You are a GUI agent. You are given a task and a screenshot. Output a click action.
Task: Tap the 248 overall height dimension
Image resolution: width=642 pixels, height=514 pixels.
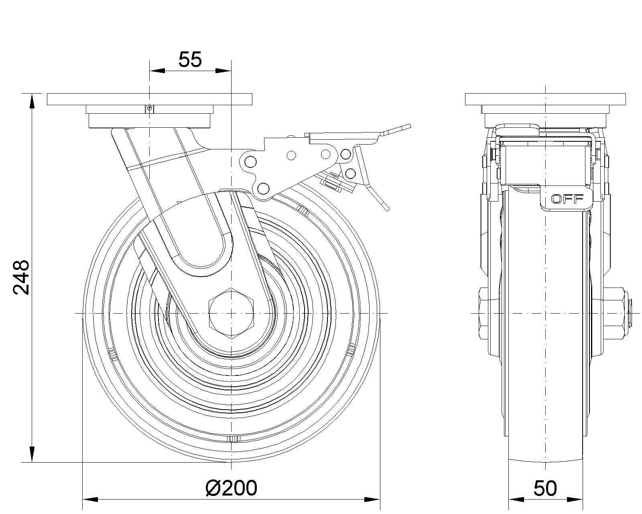coord(21,277)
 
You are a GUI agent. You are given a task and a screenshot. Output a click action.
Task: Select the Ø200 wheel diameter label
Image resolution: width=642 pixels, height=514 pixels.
coord(231,488)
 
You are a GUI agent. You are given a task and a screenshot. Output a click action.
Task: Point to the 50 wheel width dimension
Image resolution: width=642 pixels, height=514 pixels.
coord(545,488)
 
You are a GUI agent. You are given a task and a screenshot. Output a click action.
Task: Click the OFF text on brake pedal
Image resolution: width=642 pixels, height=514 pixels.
coord(567,199)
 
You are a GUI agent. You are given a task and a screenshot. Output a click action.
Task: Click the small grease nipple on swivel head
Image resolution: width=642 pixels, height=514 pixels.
coord(149,108)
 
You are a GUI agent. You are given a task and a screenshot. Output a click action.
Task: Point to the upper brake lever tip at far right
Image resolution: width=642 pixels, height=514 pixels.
coord(403,128)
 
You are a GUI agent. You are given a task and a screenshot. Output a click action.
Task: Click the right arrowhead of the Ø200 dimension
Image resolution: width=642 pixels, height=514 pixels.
coord(372,500)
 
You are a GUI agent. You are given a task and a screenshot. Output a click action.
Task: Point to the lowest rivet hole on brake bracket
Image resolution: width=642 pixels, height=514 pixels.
coord(263,188)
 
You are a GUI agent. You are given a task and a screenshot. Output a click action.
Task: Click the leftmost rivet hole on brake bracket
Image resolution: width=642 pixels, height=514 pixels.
coord(250,161)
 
